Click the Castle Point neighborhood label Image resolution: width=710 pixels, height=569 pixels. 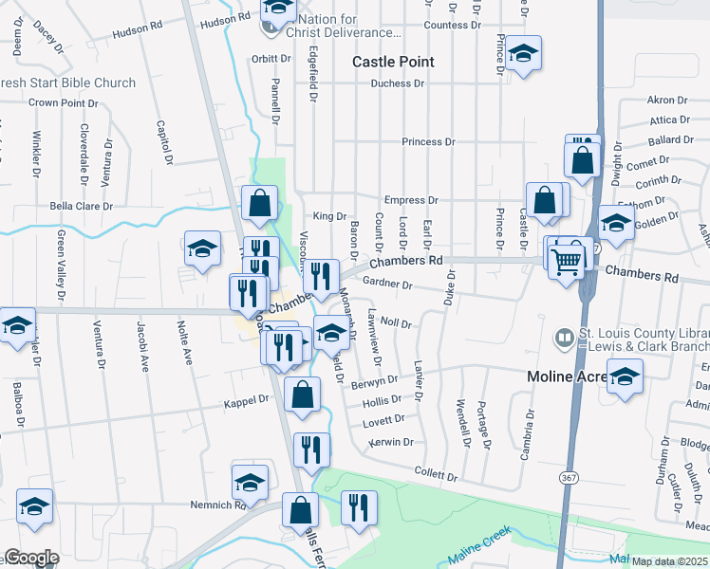click(393, 62)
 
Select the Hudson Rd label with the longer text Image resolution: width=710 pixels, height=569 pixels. click(137, 30)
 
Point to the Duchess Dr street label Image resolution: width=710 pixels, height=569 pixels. click(398, 83)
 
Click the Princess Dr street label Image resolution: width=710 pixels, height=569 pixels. click(428, 142)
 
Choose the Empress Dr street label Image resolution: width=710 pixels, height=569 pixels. click(410, 201)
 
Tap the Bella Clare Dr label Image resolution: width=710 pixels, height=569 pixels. click(81, 206)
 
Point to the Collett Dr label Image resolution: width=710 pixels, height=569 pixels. click(437, 471)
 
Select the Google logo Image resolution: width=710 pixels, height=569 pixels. click(31, 558)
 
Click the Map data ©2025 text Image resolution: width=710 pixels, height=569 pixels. click(670, 561)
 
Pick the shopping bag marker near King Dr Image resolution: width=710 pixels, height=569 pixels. click(259, 201)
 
